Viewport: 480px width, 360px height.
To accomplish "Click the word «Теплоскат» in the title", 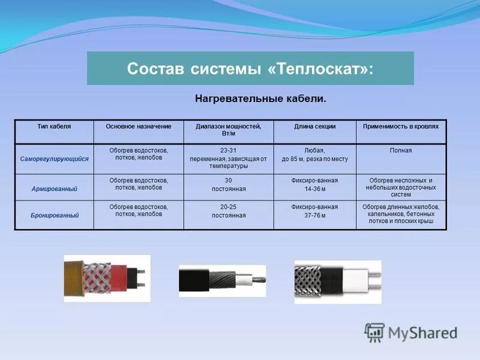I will (316, 68).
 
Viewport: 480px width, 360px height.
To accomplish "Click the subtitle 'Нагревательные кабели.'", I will (260, 98).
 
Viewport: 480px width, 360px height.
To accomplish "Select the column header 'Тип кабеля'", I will (54, 127).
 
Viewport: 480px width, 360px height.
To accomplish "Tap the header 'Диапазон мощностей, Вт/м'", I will (229, 130).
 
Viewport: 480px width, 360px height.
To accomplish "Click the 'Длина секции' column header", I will (314, 127).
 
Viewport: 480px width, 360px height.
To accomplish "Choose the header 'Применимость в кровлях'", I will (401, 127).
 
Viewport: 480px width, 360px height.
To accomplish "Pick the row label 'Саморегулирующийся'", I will (54, 159).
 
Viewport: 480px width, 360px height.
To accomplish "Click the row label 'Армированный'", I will (54, 188).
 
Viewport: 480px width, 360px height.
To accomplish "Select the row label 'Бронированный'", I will (54, 214).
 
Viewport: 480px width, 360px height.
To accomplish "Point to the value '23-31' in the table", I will (229, 151).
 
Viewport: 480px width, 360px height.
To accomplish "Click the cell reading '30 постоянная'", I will (229, 184).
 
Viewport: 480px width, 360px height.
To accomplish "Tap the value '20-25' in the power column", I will (229, 207).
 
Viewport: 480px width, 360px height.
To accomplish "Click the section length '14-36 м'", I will (314, 188).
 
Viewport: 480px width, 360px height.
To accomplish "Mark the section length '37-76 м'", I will (314, 215).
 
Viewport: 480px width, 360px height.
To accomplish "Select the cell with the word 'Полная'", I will (401, 151).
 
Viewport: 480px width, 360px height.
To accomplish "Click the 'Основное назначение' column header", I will (139, 127).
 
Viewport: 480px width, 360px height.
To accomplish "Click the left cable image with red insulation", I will (107, 278).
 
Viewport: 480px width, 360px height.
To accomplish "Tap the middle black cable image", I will (222, 280).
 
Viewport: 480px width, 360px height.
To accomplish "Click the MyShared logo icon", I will (375, 332).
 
